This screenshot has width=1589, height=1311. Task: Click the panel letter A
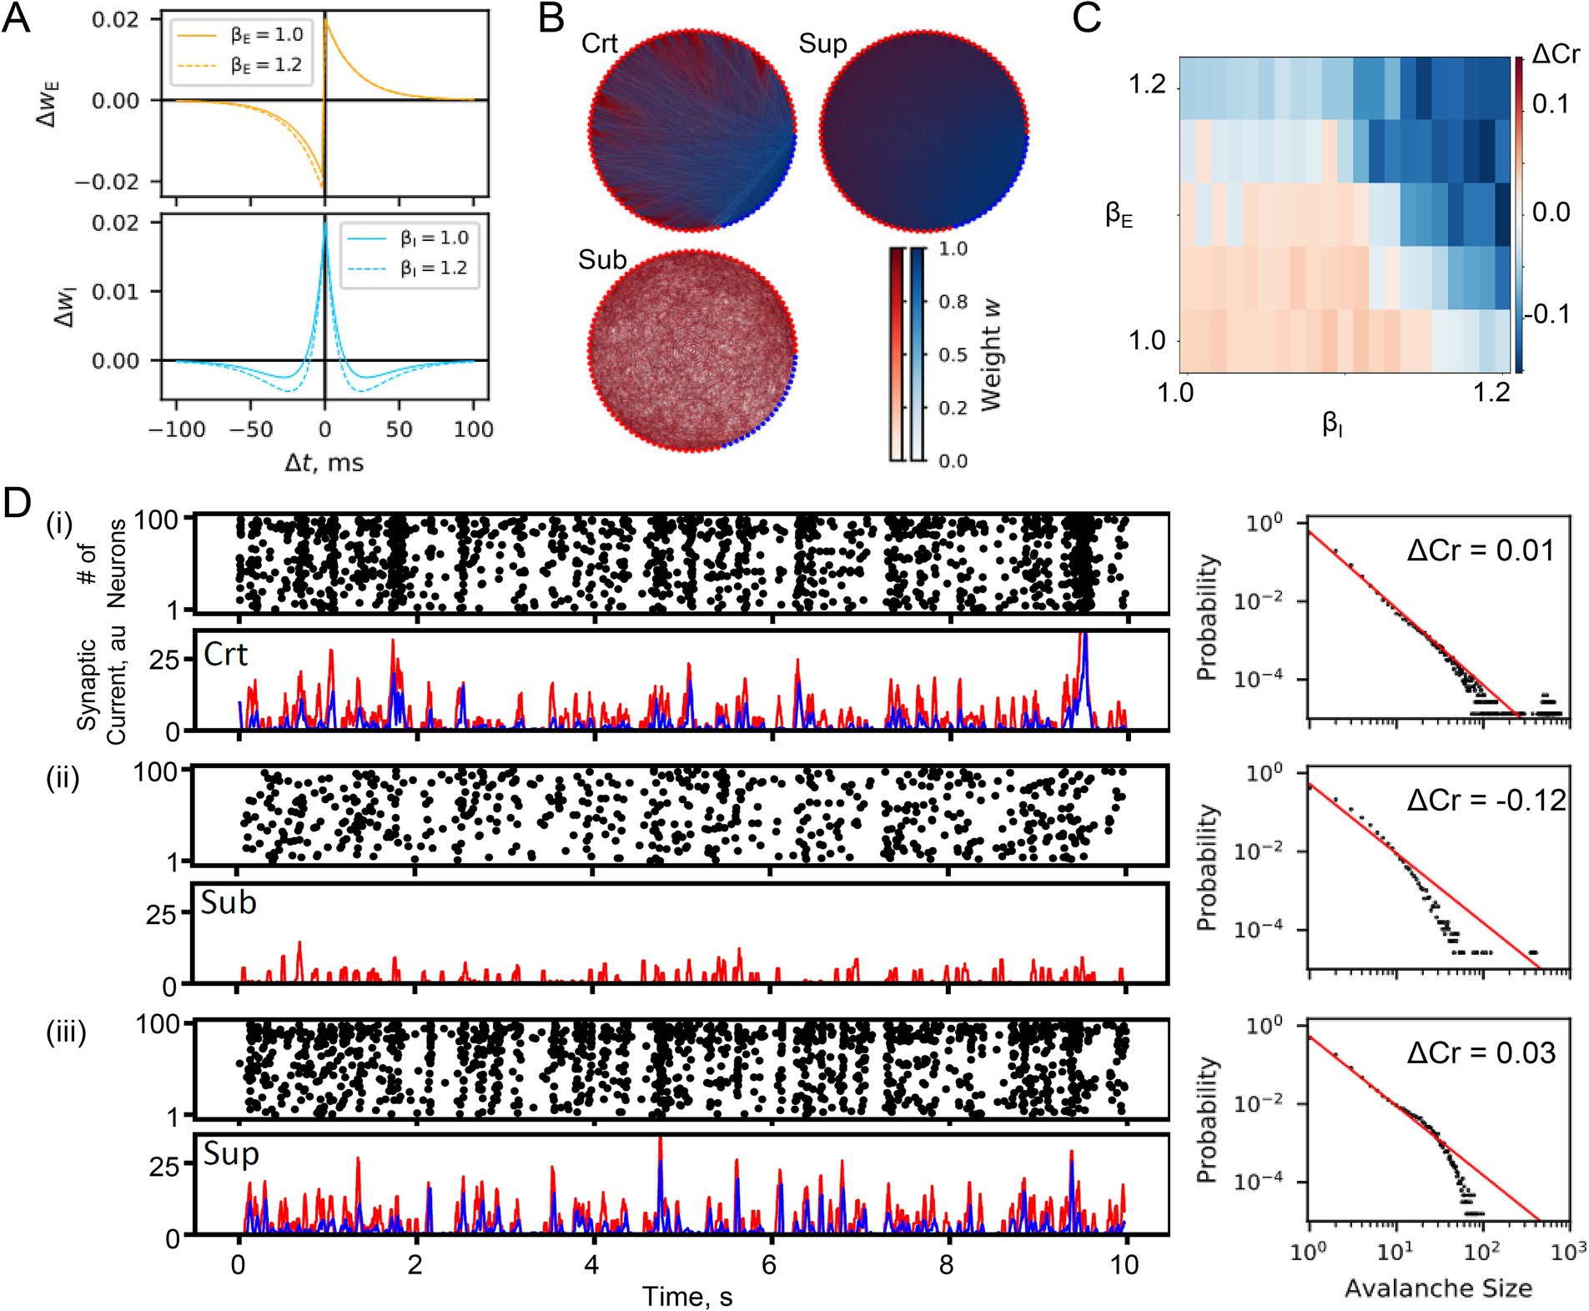(17, 18)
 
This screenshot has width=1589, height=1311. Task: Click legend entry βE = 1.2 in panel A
(266, 65)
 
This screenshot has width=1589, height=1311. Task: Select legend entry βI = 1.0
(434, 238)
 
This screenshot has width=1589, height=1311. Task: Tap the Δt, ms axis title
(324, 463)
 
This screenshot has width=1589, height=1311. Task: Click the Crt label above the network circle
(599, 43)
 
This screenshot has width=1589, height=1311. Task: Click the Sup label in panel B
(822, 43)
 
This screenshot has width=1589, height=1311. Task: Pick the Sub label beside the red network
(602, 260)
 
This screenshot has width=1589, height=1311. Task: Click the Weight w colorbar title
(991, 355)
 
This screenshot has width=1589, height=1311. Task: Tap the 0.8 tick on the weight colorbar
(953, 301)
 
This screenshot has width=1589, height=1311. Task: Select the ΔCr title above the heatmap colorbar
(1555, 54)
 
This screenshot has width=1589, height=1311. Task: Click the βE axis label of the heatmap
(1119, 214)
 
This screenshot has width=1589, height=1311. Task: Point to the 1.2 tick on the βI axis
(1491, 392)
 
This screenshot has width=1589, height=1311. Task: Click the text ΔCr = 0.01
(1481, 550)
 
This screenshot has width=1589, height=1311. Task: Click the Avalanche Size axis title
(1438, 1288)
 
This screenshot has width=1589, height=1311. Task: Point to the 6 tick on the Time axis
(769, 1265)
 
